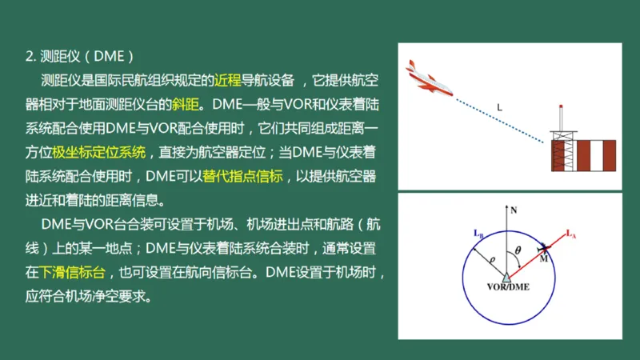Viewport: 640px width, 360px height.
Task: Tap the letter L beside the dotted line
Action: coord(498,107)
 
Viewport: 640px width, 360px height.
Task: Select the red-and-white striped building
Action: coord(584,155)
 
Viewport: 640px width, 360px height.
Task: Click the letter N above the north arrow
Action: coord(514,210)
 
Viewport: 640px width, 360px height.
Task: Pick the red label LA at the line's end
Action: coord(570,234)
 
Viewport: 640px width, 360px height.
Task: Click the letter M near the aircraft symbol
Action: coord(544,258)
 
